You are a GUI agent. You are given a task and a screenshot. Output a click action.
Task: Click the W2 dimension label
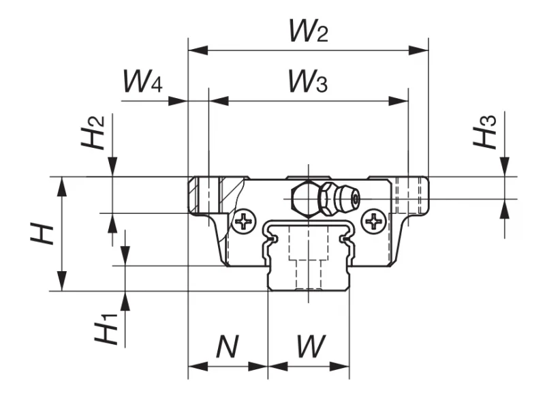click(x=309, y=31)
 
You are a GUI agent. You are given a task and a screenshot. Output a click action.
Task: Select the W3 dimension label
click(x=308, y=81)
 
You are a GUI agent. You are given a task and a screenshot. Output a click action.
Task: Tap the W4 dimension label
click(x=143, y=81)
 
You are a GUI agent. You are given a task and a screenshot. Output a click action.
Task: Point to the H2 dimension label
click(x=93, y=132)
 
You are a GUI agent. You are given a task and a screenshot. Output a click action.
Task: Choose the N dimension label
click(x=228, y=346)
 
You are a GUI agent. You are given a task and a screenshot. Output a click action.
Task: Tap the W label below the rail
click(x=311, y=346)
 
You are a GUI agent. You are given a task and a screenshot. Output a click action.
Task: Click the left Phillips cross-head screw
click(x=244, y=221)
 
